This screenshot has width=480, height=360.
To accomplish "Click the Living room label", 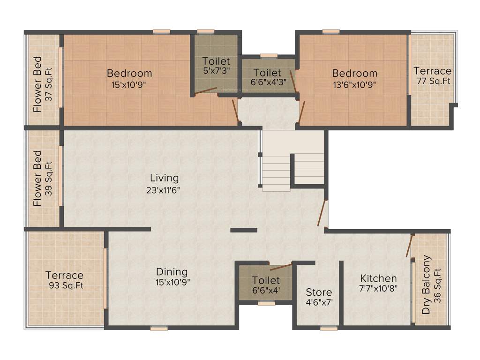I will click(x=164, y=178).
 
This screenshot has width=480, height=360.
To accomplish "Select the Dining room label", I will click(x=172, y=272).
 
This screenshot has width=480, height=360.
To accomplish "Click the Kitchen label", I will click(x=378, y=278).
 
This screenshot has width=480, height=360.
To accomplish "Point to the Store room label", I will click(x=319, y=292).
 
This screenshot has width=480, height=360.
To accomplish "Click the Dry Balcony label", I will click(x=426, y=285).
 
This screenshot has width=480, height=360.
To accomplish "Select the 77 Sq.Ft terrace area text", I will click(x=433, y=81).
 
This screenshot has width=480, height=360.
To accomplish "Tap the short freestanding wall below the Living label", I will click(x=244, y=230).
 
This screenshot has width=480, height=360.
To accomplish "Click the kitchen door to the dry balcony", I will click(x=409, y=246).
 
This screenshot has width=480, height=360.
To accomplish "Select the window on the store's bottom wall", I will click(x=329, y=329).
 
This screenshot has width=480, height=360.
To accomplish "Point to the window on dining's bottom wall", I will click(x=159, y=329).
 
